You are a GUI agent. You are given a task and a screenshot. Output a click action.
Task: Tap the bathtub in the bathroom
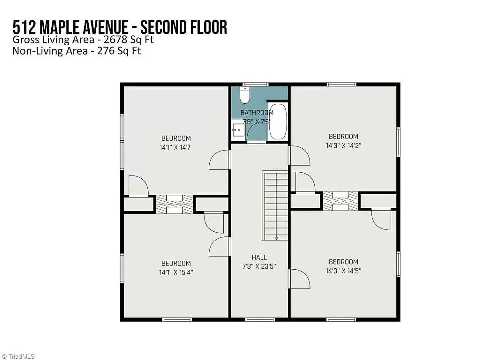(278, 121)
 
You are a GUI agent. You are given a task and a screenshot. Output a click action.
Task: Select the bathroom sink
(238, 130)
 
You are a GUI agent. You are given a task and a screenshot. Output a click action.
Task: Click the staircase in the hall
(276, 205)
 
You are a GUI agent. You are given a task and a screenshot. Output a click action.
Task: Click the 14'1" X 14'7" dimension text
(176, 147)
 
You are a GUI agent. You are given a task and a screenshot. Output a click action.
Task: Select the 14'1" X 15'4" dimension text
(176, 272)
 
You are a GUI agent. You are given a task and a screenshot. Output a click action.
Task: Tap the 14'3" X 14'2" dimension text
(343, 145)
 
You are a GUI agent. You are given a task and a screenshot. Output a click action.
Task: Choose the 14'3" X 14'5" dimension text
(343, 271)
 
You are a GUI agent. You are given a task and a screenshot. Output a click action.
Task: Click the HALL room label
(259, 257)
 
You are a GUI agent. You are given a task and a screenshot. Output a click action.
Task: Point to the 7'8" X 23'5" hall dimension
(259, 266)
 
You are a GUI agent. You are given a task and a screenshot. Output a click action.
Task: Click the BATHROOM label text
(257, 113)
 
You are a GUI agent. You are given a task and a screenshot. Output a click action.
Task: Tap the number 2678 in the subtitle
(115, 40)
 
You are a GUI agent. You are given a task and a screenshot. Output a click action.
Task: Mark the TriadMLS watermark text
(21, 356)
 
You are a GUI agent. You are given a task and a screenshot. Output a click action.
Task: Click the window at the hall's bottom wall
(260, 320)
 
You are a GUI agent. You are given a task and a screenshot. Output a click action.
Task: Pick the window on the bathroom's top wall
(256, 84)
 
